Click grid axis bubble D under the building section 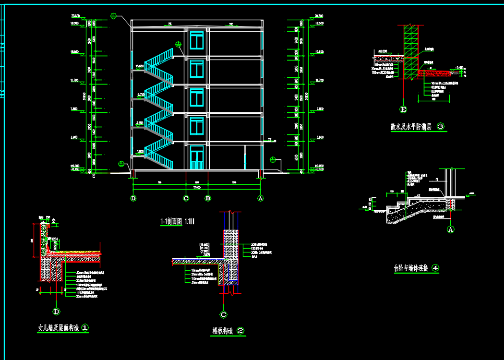click(133, 198)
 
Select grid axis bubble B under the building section click(208, 198)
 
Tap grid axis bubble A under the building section click(261, 198)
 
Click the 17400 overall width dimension click(197, 188)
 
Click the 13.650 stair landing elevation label click(140, 65)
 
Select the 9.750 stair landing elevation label click(141, 94)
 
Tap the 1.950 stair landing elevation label click(140, 152)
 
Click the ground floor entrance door click(197, 159)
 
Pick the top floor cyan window click(197, 40)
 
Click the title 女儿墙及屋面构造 click(59, 328)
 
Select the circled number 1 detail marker click(84, 328)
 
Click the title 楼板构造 click(223, 331)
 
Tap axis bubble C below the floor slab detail click(223, 315)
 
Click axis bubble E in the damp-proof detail click(403, 110)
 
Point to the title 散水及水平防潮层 click(411, 127)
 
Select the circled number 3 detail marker click(441, 127)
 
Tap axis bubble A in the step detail click(451, 229)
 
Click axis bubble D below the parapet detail click(57, 312)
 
